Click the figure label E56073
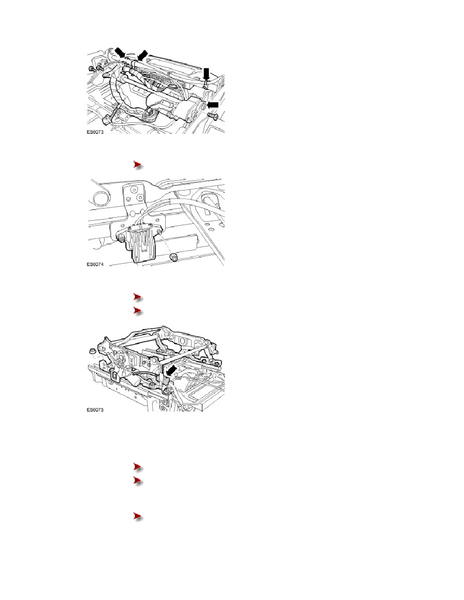tap(95, 132)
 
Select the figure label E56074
tap(95, 264)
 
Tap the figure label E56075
tap(95, 410)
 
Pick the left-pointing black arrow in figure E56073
tap(212, 105)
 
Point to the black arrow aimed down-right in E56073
tap(120, 53)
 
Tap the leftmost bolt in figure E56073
tap(92, 68)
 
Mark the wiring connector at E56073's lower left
tap(108, 119)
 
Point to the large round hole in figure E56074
tap(101, 198)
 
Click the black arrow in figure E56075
tap(171, 370)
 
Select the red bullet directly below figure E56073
tap(138, 165)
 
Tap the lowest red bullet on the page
tap(138, 517)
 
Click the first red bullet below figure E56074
tap(138, 297)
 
